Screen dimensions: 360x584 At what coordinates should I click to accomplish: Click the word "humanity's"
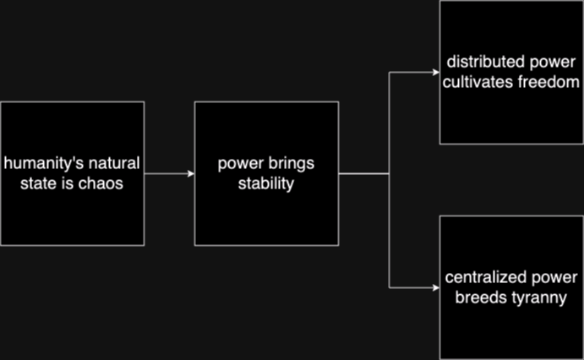pyautogui.click(x=35, y=163)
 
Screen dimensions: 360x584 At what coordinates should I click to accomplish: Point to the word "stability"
pyautogui.click(x=265, y=183)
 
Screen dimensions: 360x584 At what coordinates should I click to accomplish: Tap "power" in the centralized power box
pyautogui.click(x=554, y=278)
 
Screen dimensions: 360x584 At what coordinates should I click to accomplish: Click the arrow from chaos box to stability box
pyautogui.click(x=169, y=174)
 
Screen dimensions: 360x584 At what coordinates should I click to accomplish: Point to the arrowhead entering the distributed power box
pyautogui.click(x=434, y=72)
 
